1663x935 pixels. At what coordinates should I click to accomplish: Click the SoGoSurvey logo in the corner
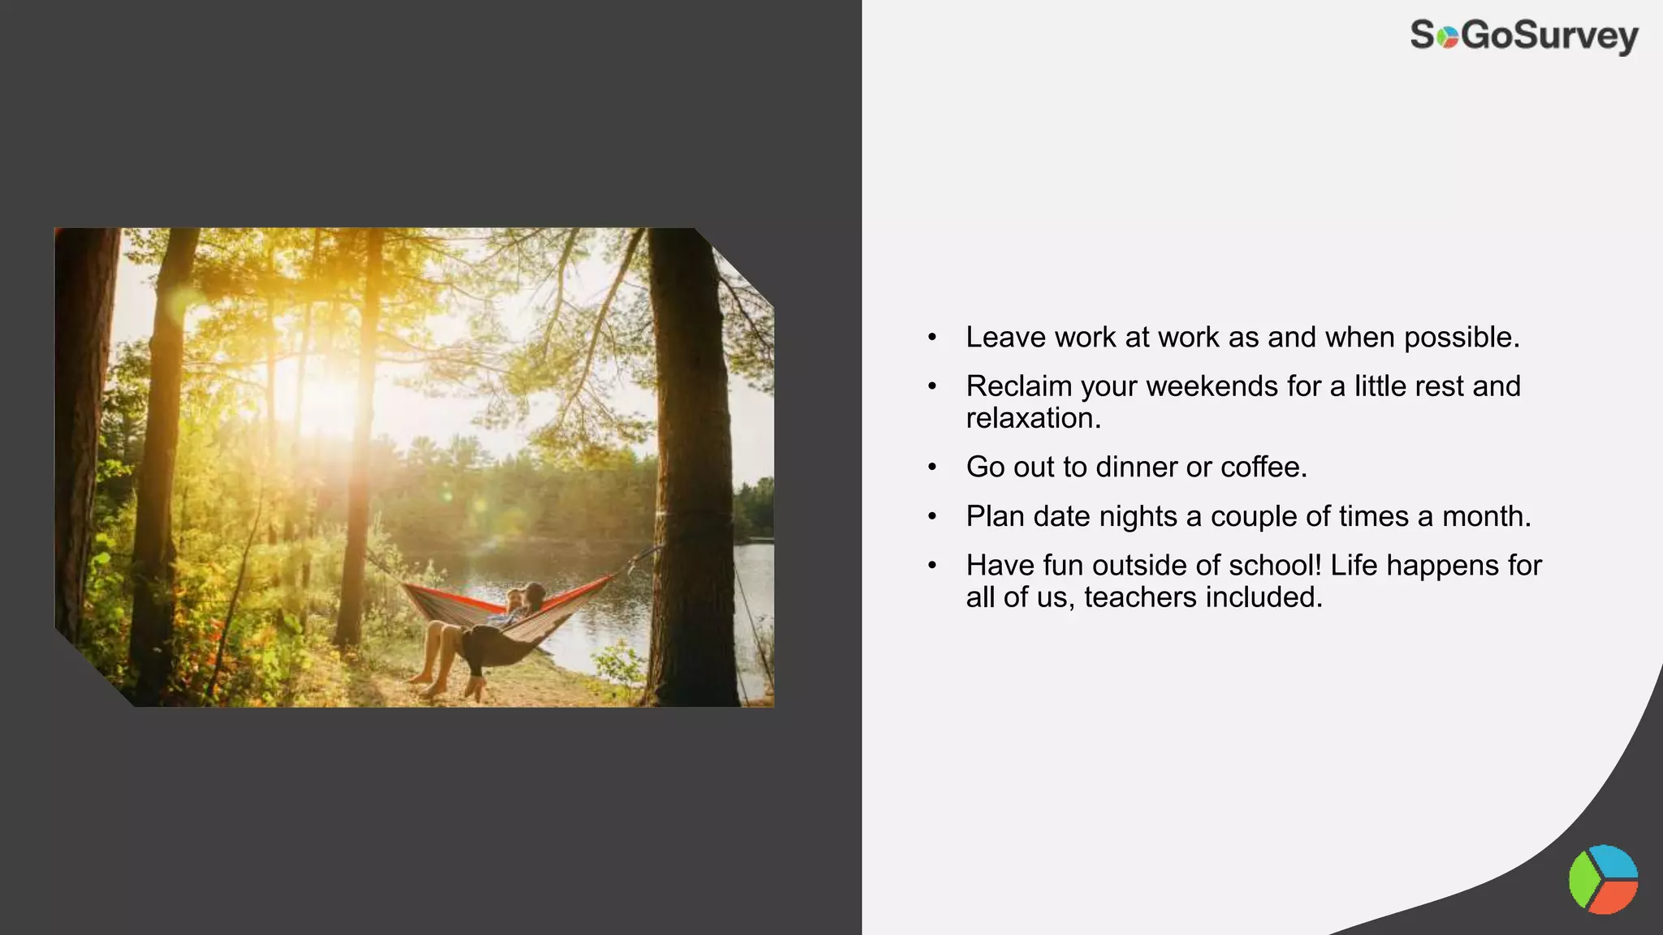coord(1524,37)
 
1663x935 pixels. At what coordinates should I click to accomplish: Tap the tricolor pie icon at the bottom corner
coord(1603,880)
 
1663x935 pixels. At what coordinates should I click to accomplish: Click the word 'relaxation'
coord(1031,419)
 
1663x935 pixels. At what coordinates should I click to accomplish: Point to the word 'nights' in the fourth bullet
coord(1140,516)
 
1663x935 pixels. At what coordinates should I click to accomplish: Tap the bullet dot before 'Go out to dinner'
coord(932,467)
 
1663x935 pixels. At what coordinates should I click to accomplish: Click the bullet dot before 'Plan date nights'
coord(932,516)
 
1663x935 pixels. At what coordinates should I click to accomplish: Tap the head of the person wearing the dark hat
coord(533,593)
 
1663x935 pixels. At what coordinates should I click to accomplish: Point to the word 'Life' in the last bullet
coord(1354,565)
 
